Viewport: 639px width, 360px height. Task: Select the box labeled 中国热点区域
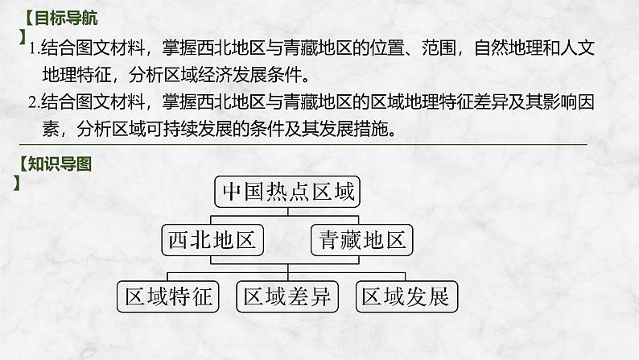coord(287,192)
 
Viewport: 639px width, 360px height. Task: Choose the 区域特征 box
coord(167,296)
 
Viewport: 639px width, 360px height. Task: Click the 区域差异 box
coord(287,296)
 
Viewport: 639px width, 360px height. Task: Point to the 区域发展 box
coord(405,296)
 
